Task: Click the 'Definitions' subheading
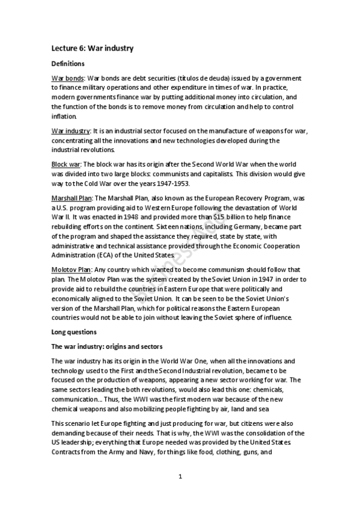click(68, 63)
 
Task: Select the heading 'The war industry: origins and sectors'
click(107, 346)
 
